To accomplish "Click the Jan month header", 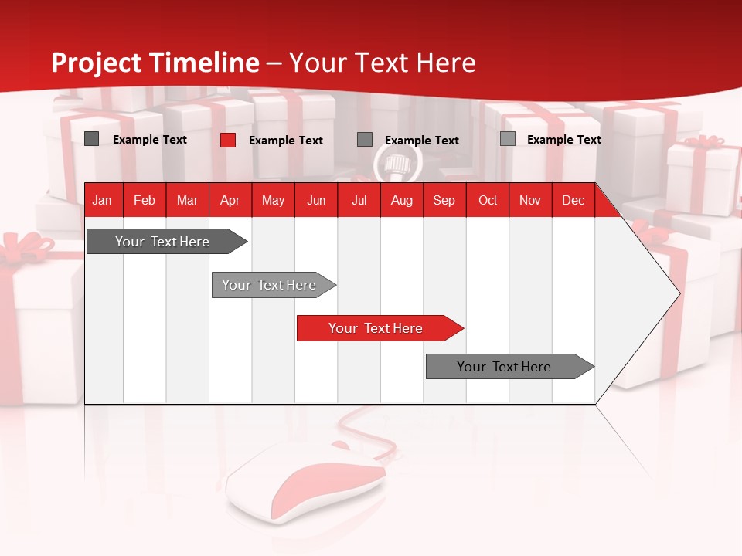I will point(102,201).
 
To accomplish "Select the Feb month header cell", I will point(145,201).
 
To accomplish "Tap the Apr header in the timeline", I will point(230,201).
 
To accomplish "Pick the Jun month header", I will point(316,201).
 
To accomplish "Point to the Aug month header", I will point(402,201).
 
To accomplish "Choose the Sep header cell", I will point(444,201).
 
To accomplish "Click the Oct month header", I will point(488,201).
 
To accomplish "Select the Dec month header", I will point(574,201).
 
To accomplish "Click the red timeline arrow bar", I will point(379,328).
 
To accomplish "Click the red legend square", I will point(228,140).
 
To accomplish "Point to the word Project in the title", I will point(97,63).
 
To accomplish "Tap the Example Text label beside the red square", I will point(286,141).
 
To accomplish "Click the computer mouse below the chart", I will point(309,483).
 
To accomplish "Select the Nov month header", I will point(530,201).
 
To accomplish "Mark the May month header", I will point(273,201).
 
